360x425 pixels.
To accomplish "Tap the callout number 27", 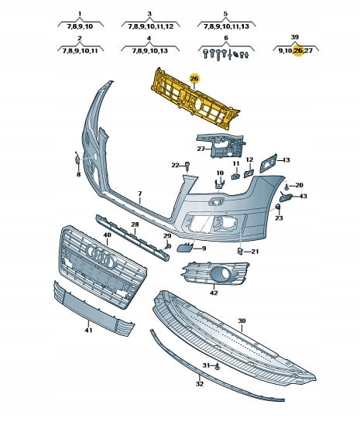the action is [x=201, y=149].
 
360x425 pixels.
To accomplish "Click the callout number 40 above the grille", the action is [x=108, y=235].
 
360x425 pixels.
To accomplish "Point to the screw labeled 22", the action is [x=187, y=166].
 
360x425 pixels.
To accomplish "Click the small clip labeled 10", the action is [x=220, y=184].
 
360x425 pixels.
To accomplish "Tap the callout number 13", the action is [x=286, y=159].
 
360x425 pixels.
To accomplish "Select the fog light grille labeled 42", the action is [x=215, y=272].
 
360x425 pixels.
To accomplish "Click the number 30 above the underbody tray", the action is [x=242, y=320].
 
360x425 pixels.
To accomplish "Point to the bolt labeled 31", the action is [x=217, y=367].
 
